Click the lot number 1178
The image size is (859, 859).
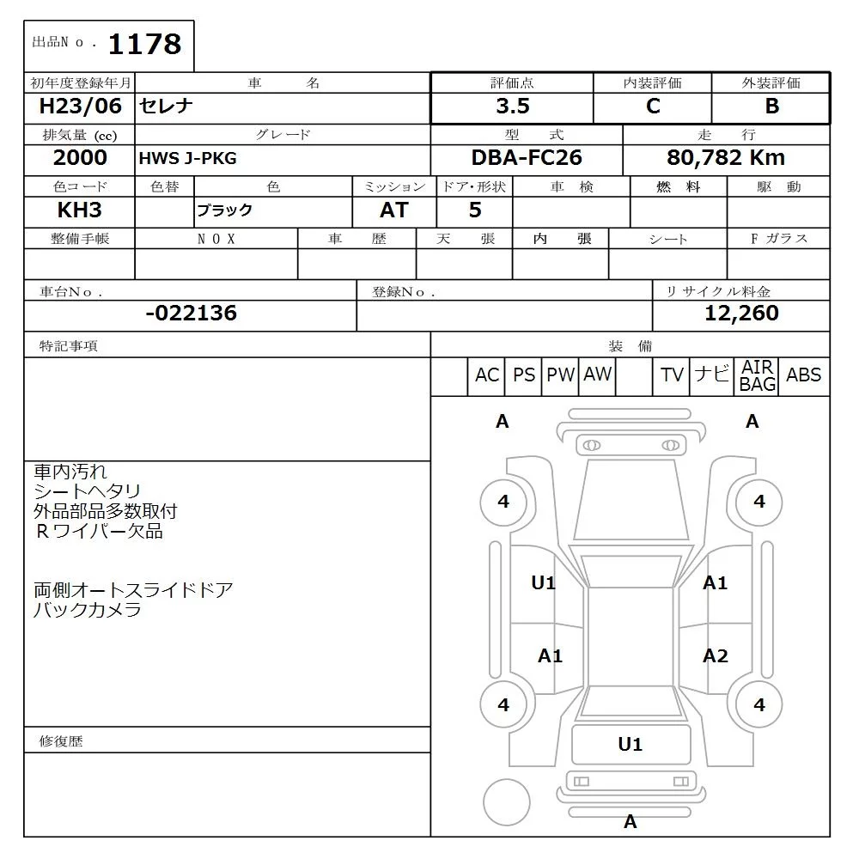click(145, 44)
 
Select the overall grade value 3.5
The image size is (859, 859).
click(513, 107)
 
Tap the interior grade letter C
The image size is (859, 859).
click(653, 107)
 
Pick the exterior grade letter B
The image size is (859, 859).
click(771, 107)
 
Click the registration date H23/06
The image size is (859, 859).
click(81, 107)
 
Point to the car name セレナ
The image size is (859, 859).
click(167, 107)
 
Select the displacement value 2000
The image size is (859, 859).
click(80, 158)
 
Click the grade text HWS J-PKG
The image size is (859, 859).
click(187, 159)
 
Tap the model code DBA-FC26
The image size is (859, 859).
click(526, 158)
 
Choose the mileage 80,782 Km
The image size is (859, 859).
click(726, 158)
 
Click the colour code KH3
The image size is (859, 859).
click(80, 210)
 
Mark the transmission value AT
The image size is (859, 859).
click(393, 210)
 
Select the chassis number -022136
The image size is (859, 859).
click(191, 314)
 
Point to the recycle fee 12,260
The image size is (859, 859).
click(741, 314)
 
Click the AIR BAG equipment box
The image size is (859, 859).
click(758, 376)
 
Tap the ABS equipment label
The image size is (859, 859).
click(803, 375)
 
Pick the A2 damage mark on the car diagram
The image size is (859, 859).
click(715, 656)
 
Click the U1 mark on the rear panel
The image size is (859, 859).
click(630, 745)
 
